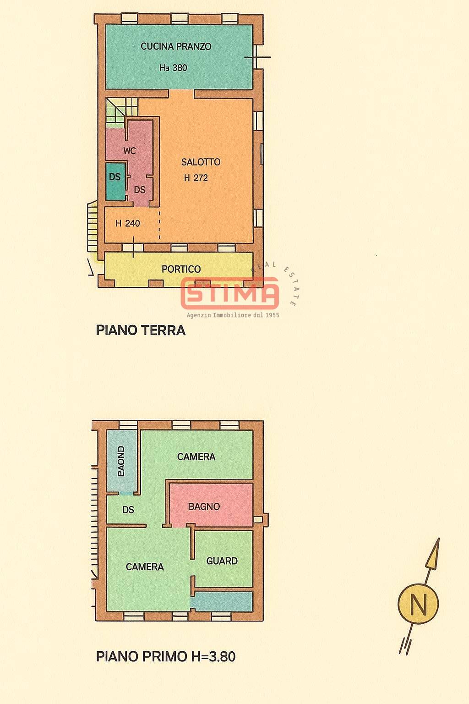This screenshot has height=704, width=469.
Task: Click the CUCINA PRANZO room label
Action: (x=176, y=46)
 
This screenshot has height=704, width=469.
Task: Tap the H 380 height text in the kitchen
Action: (x=173, y=67)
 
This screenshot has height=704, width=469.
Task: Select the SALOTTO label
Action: (x=201, y=162)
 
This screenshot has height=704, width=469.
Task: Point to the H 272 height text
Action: (x=196, y=178)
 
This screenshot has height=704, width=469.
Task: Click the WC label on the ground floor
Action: (x=130, y=150)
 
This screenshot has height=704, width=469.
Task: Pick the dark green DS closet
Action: (x=115, y=181)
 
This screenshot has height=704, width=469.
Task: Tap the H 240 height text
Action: (x=128, y=223)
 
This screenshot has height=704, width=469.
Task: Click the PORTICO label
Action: (x=181, y=269)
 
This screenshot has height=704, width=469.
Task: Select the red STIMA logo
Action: (x=230, y=292)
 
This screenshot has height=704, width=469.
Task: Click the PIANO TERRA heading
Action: (x=141, y=330)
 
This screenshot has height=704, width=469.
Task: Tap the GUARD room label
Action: (x=222, y=561)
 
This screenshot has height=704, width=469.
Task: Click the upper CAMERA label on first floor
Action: (x=196, y=456)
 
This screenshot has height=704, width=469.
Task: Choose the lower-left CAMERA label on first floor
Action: (x=145, y=566)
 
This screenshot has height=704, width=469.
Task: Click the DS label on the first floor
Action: (x=128, y=510)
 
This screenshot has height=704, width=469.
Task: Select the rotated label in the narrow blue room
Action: (x=121, y=461)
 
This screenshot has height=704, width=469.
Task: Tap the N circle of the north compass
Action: (x=418, y=604)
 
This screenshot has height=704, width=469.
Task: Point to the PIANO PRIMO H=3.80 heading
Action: (x=166, y=656)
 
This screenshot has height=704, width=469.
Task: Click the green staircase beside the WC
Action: (x=117, y=111)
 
